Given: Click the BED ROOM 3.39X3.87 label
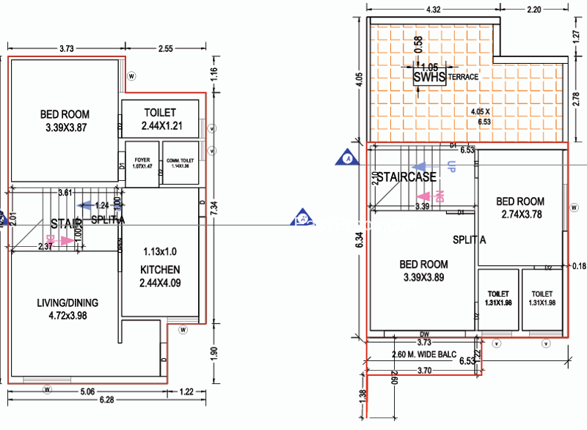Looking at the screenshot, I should (x=65, y=121).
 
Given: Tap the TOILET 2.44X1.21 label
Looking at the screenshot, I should (x=161, y=119).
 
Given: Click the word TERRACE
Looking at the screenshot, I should (x=464, y=76).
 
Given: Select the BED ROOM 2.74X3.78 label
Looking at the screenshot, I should (x=520, y=207).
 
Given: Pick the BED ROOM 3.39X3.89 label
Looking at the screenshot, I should (x=423, y=271).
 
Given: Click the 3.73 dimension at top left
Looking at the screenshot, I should (x=66, y=48).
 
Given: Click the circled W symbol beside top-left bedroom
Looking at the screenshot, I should (x=132, y=75).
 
